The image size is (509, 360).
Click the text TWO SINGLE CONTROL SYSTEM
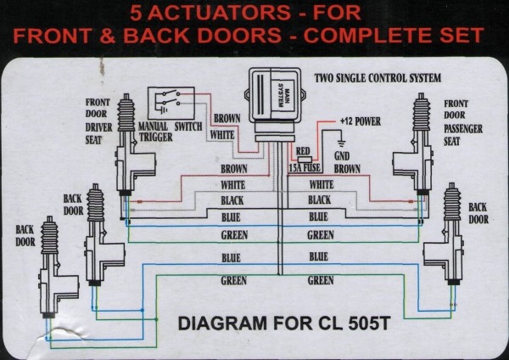click(378, 78)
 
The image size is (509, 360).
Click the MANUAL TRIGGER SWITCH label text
click(170, 127)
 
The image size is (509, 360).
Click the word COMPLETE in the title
click(368, 37)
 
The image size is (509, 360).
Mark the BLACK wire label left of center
click(233, 200)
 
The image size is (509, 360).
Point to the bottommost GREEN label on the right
click(321, 280)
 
